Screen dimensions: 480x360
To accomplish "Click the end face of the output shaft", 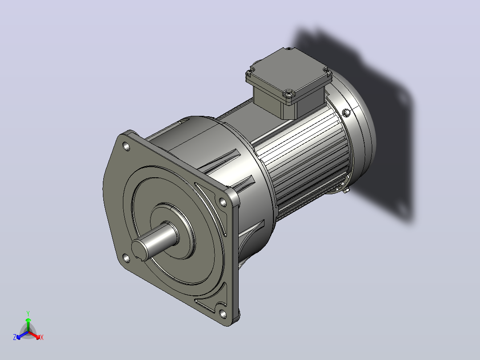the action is pos(140,250).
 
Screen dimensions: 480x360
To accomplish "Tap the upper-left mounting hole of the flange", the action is pos(126,147).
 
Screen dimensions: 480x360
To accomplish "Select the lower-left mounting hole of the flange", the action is pos(126,258).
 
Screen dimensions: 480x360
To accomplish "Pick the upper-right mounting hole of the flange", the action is pos(223,202).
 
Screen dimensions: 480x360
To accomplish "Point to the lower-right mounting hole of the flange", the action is pos(223,314).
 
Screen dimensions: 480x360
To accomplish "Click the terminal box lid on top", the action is pos(289,75).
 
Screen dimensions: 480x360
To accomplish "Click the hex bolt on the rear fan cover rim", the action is pos(346,113).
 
